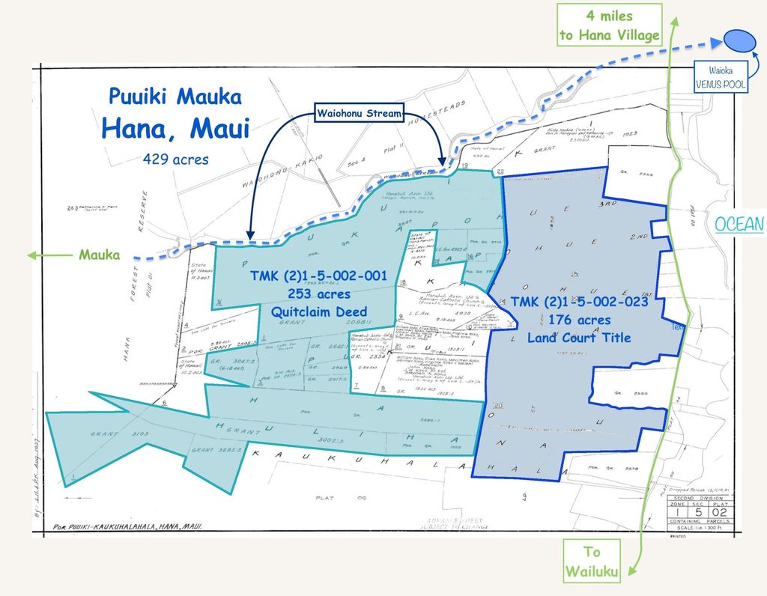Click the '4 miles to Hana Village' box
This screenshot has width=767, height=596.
[x=609, y=25]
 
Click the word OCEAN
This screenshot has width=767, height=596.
[x=739, y=224]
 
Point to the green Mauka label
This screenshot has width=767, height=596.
[x=99, y=255]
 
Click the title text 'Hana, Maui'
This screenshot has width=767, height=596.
[x=175, y=127]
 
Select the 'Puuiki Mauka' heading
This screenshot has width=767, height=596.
[x=175, y=97]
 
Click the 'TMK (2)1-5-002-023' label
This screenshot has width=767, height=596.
[x=578, y=303]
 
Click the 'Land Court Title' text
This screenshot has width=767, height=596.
[x=578, y=338]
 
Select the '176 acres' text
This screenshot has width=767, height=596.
[x=578, y=320]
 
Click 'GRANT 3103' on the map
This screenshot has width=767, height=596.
[x=106, y=434]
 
